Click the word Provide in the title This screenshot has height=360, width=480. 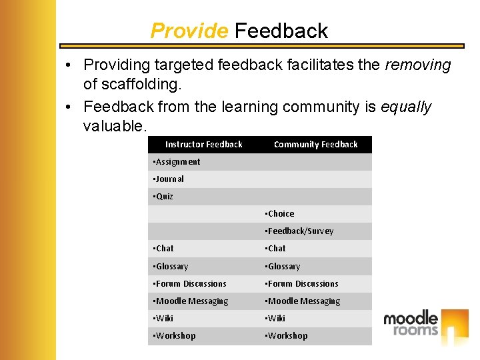(x=189, y=31)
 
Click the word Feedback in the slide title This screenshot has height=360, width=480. (x=281, y=31)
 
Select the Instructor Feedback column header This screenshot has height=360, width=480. (x=204, y=144)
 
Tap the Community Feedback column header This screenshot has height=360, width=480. (x=316, y=144)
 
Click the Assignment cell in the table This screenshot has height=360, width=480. (x=177, y=162)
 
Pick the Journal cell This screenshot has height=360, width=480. (x=169, y=179)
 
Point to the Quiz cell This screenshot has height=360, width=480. (x=164, y=197)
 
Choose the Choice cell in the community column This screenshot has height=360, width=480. (x=281, y=214)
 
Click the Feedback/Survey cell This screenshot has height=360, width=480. (x=300, y=231)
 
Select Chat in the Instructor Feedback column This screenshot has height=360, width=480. (x=164, y=249)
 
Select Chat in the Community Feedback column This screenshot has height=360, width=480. (x=276, y=249)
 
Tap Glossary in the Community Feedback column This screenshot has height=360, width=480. (x=284, y=267)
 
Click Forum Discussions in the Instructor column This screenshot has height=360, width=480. (x=191, y=284)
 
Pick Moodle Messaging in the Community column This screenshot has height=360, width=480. (x=303, y=301)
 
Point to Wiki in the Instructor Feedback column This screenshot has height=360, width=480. (x=164, y=319)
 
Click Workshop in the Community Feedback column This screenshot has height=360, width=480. (x=287, y=336)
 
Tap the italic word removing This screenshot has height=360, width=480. (x=418, y=65)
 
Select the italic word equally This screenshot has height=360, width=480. (x=406, y=107)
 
